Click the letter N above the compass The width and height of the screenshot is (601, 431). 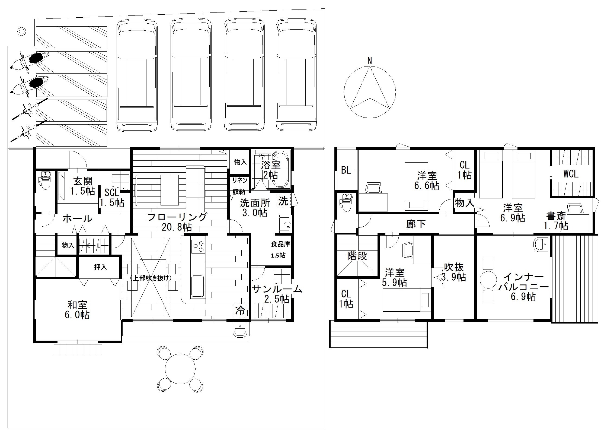pos(369,61)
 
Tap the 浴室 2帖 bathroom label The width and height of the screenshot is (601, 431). pos(271,170)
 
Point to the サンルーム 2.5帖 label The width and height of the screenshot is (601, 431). pos(277,294)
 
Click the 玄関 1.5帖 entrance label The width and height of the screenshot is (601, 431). pos(83,186)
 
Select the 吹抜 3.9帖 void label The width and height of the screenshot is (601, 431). pos(453,272)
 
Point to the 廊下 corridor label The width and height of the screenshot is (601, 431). pos(416,224)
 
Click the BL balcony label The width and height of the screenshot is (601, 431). pos(346,170)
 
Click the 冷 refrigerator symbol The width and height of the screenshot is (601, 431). pos(240,311)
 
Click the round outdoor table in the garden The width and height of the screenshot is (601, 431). pos(180,368)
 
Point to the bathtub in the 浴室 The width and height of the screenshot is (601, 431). pos(281,170)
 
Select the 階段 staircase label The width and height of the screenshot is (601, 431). pos(357,256)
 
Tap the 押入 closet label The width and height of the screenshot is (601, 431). pos(100,267)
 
